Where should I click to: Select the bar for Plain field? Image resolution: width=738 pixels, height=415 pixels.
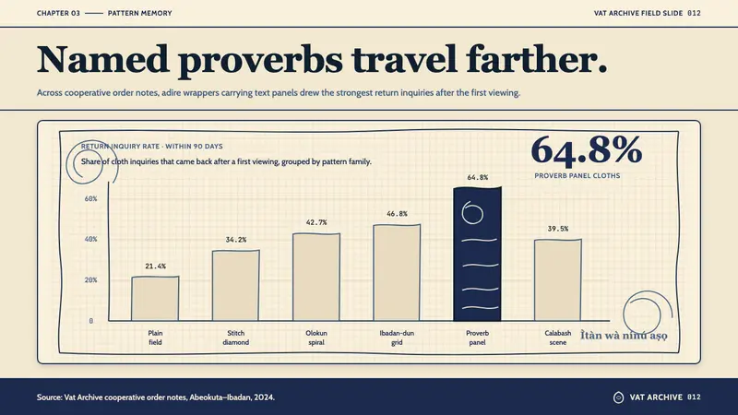155,299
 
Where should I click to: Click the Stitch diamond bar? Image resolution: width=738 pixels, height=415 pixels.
236,286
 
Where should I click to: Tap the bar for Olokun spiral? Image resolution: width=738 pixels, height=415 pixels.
316,278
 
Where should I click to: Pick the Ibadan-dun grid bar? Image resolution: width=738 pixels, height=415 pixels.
397,273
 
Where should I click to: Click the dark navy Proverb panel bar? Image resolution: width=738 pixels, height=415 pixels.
477,255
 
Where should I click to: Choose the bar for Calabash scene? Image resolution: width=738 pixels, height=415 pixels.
558,280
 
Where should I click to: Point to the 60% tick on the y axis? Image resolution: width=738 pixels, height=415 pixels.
90,199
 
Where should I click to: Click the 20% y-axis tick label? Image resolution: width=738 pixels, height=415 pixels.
90,280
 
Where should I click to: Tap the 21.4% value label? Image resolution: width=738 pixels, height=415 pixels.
155,267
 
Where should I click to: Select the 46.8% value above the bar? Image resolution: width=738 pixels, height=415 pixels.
397,214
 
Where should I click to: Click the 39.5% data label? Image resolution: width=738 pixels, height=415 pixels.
558,229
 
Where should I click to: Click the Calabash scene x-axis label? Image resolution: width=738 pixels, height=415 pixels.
558,338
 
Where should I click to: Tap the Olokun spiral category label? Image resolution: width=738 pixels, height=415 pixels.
316,338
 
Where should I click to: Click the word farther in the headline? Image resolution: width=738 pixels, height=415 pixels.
537,60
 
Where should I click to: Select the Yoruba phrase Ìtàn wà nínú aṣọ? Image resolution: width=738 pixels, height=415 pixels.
624,336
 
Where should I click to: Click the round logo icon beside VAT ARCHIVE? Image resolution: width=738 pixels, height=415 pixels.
618,397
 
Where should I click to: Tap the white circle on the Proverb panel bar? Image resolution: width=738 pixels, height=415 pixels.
472,213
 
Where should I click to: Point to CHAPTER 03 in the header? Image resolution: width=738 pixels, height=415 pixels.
58,13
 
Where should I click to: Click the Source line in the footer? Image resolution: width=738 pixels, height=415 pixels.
156,397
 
